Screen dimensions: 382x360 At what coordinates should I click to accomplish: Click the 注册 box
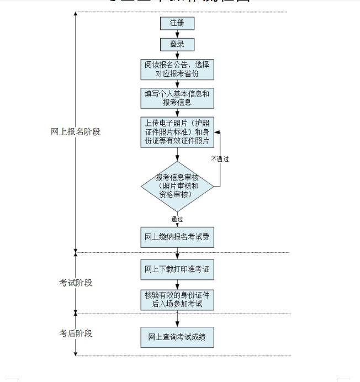pos(177,24)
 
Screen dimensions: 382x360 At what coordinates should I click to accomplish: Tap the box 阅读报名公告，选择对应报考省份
pos(177,70)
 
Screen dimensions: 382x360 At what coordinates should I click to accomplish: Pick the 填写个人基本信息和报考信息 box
pos(177,98)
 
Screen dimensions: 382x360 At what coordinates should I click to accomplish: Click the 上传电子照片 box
pos(177,132)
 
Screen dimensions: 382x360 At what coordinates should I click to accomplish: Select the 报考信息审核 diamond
pos(177,187)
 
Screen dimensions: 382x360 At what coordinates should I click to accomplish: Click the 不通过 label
pos(220,159)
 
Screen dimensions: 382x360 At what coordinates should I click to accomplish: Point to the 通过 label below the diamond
pos(177,219)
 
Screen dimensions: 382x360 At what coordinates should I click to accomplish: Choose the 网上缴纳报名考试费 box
pos(177,237)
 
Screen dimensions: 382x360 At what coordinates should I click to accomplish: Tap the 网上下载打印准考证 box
pos(177,269)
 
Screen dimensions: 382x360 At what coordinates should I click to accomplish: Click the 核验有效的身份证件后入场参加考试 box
pos(177,299)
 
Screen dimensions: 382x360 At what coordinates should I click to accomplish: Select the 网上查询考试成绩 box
pos(177,337)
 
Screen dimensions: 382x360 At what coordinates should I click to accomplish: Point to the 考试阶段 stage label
pos(76,283)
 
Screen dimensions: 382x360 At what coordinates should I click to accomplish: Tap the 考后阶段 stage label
pos(76,333)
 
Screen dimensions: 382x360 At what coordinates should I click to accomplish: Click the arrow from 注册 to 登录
pos(177,34)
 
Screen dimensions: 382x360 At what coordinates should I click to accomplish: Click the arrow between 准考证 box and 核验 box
pos(177,284)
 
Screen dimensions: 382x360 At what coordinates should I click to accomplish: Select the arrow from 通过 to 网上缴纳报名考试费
pos(177,225)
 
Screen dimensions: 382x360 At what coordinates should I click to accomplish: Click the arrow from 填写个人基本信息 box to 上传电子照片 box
pos(177,113)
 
